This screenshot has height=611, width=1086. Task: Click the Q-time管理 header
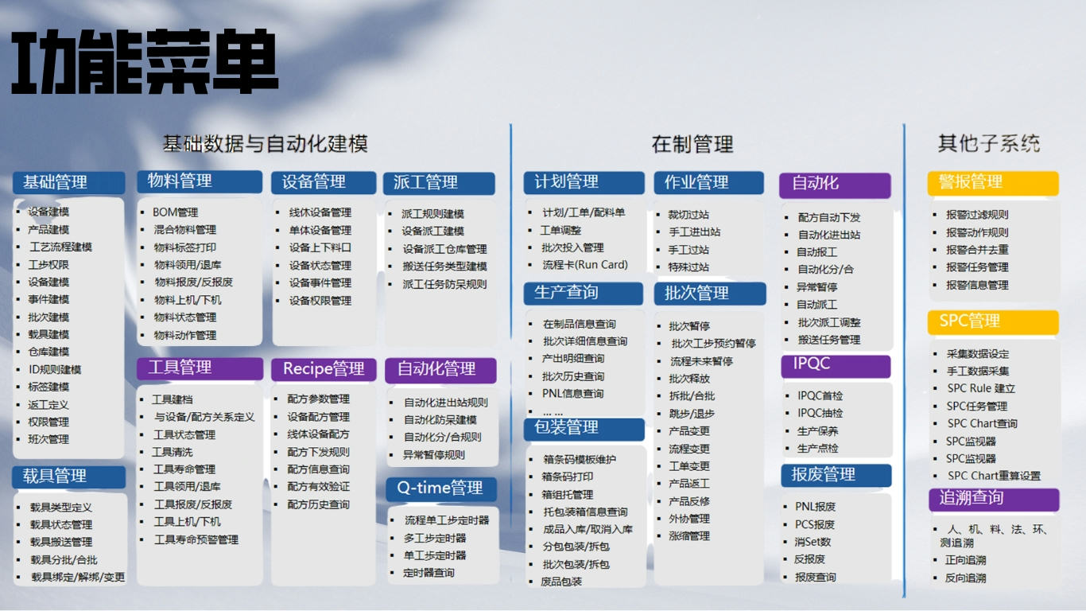pyautogui.click(x=440, y=488)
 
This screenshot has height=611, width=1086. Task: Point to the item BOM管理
pyautogui.click(x=176, y=212)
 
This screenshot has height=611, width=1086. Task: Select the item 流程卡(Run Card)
pyautogui.click(x=585, y=265)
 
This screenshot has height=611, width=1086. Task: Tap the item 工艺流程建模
pyautogui.click(x=60, y=247)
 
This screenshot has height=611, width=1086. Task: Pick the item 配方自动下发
pyautogui.click(x=829, y=217)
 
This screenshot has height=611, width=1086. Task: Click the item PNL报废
pyautogui.click(x=816, y=506)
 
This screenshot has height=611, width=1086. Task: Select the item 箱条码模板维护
pyautogui.click(x=580, y=459)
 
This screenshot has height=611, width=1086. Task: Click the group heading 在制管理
pyautogui.click(x=692, y=144)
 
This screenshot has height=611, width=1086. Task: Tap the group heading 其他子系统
pyautogui.click(x=989, y=144)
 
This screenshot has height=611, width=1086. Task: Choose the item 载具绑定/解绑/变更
pyautogui.click(x=78, y=577)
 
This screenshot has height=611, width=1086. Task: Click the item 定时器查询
pyautogui.click(x=429, y=573)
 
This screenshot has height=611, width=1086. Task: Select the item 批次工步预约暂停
pyautogui.click(x=713, y=344)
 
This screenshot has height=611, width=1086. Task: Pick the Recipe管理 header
pyautogui.click(x=324, y=369)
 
